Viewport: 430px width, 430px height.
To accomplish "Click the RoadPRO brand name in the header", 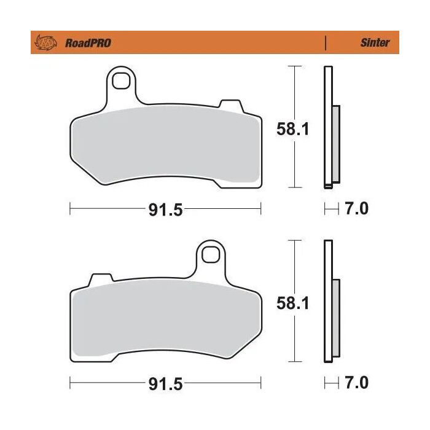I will click(x=87, y=43).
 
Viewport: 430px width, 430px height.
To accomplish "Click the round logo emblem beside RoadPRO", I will click(x=46, y=42).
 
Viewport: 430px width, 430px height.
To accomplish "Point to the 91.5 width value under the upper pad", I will click(x=165, y=210).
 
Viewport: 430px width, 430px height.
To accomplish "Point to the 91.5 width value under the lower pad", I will click(x=165, y=384).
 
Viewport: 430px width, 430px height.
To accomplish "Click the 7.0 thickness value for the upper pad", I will click(x=356, y=209).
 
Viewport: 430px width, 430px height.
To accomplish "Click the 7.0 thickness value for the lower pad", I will click(x=356, y=383).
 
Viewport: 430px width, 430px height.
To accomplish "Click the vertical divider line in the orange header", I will click(x=325, y=43).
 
